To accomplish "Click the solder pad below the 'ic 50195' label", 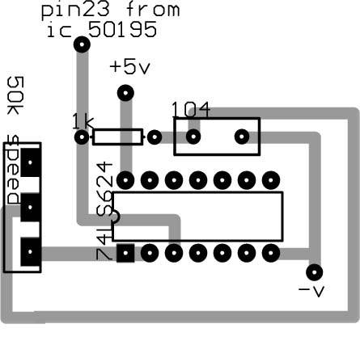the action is tap(82, 44).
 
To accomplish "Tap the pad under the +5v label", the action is tap(125, 93).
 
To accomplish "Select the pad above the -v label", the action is tap(315, 272).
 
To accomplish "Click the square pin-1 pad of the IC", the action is tap(125, 253).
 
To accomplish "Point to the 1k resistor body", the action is tap(117, 137).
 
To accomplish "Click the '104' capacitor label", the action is tap(191, 110).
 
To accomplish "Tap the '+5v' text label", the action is tap(129, 67).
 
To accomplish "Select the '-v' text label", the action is tap(311, 291).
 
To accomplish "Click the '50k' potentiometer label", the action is tap(15, 95).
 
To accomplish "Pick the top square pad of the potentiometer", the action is tap(31, 162).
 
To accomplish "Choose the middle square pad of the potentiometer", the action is tap(31, 207).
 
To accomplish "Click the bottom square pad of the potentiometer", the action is tap(31, 252).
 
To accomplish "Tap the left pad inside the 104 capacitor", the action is tap(193, 137).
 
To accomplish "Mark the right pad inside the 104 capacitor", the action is tap(242, 137).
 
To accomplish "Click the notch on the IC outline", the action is tap(117, 217).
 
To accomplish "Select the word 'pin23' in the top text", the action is tap(75, 11).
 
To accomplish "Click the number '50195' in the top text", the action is tap(122, 29).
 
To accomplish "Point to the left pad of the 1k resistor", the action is tap(82, 137).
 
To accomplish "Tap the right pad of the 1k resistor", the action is tap(155, 137).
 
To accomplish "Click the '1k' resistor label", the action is tap(83, 122).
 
